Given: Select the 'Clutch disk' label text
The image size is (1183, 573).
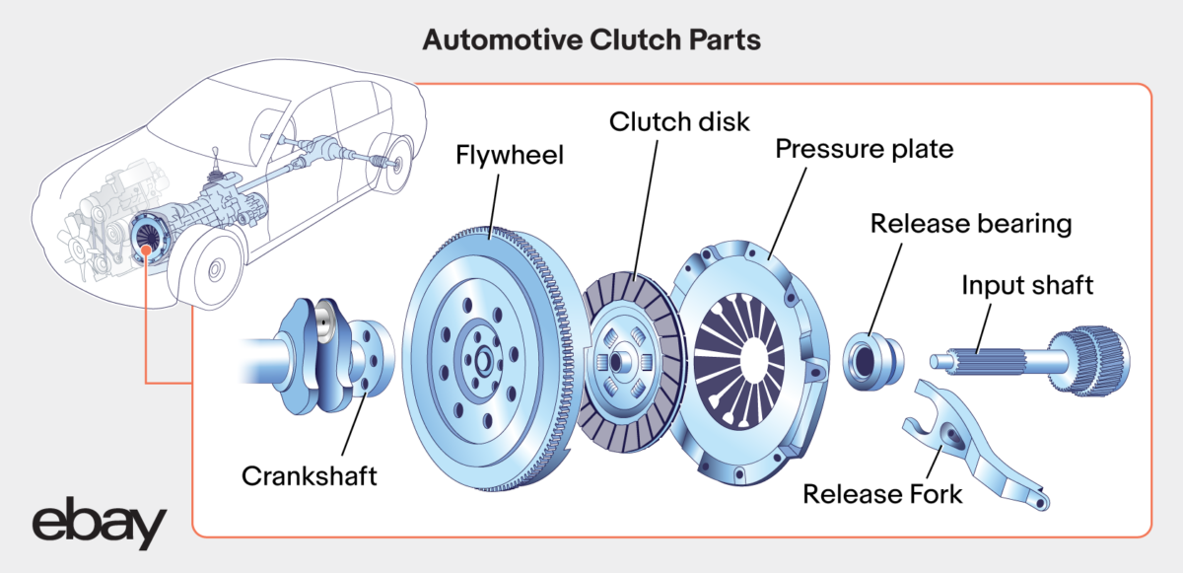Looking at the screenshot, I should click(679, 122).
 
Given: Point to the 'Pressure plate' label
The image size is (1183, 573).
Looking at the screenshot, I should click(864, 150).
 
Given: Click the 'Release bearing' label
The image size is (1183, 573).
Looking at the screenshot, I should click(970, 224).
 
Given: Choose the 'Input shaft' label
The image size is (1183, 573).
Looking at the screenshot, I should click(1027, 286).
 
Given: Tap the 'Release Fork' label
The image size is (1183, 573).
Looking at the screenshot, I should click(882, 492).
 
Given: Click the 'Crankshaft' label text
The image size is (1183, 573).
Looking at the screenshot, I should click(310, 476).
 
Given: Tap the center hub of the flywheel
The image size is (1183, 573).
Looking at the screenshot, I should click(483, 359).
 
